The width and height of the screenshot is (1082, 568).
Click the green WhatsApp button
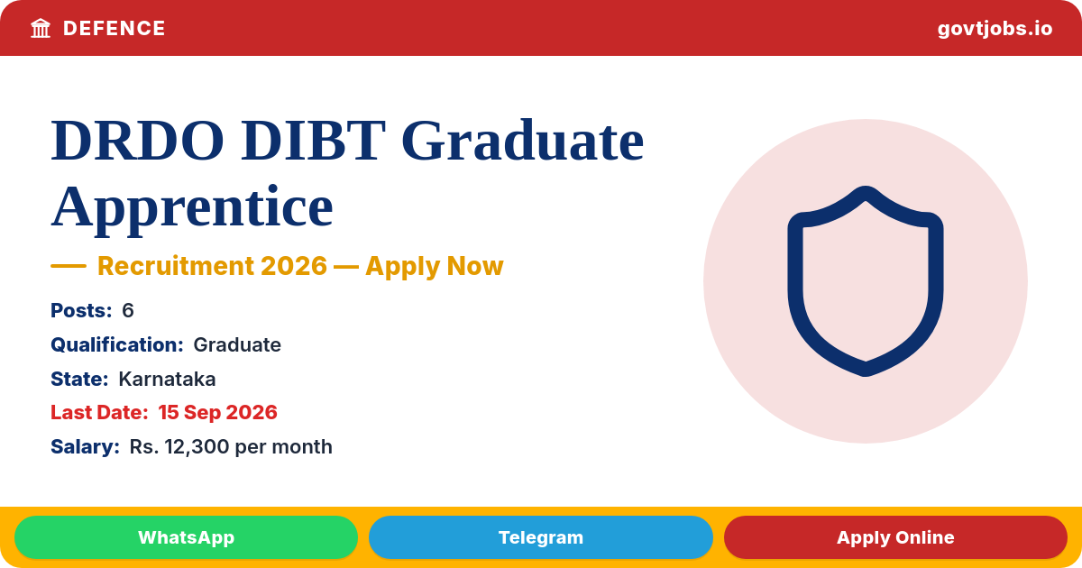click(186, 537)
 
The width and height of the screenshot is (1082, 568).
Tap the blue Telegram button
click(540, 537)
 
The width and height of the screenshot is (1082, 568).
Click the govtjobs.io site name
click(995, 29)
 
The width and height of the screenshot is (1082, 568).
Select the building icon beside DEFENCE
click(41, 29)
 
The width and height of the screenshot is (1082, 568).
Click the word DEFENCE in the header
click(114, 29)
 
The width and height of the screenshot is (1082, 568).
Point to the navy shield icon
click(865, 281)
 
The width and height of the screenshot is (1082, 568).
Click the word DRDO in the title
click(138, 141)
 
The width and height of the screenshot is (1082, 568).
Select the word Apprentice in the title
click(192, 207)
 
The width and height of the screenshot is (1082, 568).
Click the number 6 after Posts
click(127, 310)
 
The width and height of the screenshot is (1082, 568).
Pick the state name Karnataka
click(167, 380)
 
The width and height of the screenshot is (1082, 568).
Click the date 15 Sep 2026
click(218, 413)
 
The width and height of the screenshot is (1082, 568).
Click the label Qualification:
click(117, 344)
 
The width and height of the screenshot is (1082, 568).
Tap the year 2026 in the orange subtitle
click(294, 266)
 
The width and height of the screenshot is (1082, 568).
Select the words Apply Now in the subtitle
click(435, 267)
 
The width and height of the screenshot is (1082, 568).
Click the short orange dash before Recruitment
click(69, 266)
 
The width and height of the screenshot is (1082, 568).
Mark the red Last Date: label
click(99, 413)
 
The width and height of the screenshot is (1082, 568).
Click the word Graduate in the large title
click(523, 141)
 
